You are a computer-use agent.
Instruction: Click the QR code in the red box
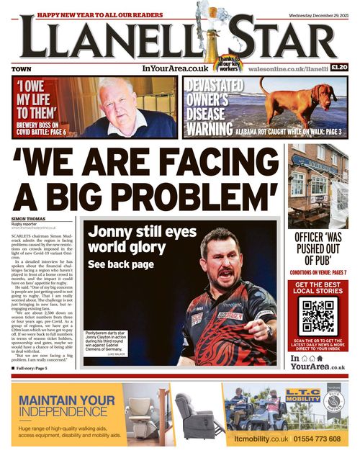(318, 318)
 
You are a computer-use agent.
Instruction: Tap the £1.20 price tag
(339, 68)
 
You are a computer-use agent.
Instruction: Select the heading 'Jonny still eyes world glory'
(130, 241)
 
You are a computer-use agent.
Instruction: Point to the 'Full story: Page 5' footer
(33, 368)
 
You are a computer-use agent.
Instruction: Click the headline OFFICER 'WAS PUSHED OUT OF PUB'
(318, 249)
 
